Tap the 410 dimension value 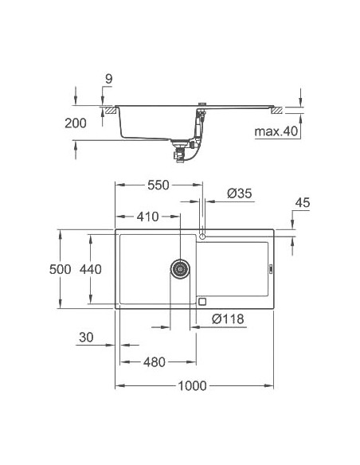147,216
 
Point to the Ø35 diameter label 239,193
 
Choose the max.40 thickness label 276,131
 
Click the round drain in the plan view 180,268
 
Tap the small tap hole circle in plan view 204,236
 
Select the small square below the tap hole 202,301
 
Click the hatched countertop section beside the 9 105,107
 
